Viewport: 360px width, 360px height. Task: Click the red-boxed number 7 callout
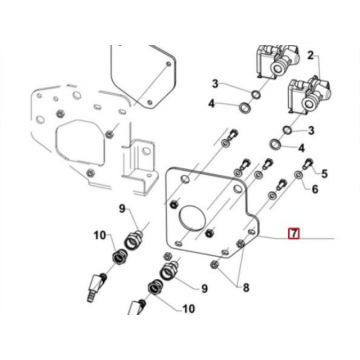click(x=294, y=234)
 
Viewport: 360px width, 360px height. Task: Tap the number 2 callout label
click(x=311, y=56)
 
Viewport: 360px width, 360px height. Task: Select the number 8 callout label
click(x=246, y=288)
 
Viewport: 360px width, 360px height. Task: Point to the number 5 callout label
click(x=324, y=173)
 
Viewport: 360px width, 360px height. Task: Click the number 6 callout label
click(x=315, y=189)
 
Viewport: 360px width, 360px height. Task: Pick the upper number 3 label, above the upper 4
click(x=215, y=84)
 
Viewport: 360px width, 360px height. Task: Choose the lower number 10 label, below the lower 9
click(x=188, y=309)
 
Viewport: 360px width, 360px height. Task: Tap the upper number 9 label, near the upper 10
click(x=122, y=209)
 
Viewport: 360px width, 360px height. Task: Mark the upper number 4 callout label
click(x=212, y=104)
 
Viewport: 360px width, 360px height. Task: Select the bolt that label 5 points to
click(x=307, y=164)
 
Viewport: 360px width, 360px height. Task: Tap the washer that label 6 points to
click(x=298, y=174)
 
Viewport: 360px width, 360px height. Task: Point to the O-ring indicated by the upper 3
click(x=256, y=95)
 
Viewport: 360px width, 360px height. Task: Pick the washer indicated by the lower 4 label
click(x=275, y=145)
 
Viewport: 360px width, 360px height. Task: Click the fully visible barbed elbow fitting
click(x=97, y=286)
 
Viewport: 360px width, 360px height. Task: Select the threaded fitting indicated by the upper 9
click(x=134, y=239)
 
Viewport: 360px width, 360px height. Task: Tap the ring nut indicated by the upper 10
click(x=118, y=258)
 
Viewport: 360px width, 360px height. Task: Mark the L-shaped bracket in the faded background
click(x=139, y=167)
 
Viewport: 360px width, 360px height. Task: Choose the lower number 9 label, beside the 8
click(x=204, y=289)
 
